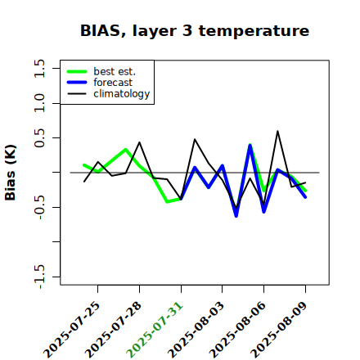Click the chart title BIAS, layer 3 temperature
click(195, 31)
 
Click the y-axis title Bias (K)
click(11, 173)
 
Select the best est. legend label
click(115, 71)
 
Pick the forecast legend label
click(113, 83)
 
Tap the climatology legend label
click(122, 94)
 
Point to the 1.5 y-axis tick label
click(39, 68)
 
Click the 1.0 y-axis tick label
click(39, 103)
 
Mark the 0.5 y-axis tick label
click(39, 137)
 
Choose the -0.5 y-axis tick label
click(39, 207)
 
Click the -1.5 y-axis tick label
click(39, 277)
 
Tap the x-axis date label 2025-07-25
click(72, 330)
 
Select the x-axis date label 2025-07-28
click(113, 330)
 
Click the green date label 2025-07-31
click(155, 330)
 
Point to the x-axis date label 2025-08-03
click(196, 330)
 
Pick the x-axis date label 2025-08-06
click(237, 330)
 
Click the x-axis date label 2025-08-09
click(279, 330)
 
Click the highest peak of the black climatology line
click(277, 131)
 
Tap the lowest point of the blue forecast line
click(236, 216)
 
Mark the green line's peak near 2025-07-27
click(125, 150)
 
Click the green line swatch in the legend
click(77, 71)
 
